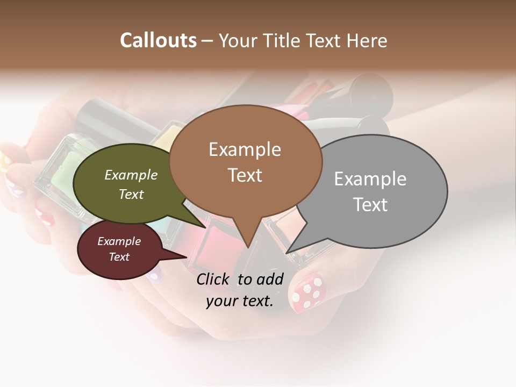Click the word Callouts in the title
pyautogui.click(x=158, y=40)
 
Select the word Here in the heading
pyautogui.click(x=367, y=41)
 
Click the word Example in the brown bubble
pyautogui.click(x=245, y=149)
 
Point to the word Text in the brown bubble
pyautogui.click(x=245, y=175)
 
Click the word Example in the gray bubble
pyautogui.click(x=370, y=179)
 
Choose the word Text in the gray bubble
pyautogui.click(x=370, y=205)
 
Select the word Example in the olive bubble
pyautogui.click(x=131, y=175)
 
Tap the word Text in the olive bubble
pyautogui.click(x=131, y=194)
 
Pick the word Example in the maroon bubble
pyautogui.click(x=119, y=241)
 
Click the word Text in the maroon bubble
pyautogui.click(x=119, y=257)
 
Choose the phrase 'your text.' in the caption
pyautogui.click(x=239, y=301)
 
